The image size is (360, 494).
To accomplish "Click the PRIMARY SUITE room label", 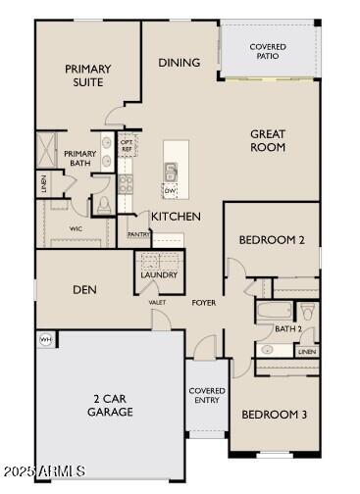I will tap(87, 75).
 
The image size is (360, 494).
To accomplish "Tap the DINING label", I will tap(179, 63).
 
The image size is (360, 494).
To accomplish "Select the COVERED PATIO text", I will tap(268, 52).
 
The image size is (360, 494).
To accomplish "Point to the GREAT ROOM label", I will tap(267, 140).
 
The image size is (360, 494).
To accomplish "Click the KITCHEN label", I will tap(176, 216).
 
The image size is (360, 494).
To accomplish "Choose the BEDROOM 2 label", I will tap(272, 239).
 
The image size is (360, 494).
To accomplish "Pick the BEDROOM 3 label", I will tap(274, 415).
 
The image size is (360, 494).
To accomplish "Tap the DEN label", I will tap(83, 289).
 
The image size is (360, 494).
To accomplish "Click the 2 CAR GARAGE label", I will tap(110, 406).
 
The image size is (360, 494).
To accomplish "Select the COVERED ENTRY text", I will tap(207, 396).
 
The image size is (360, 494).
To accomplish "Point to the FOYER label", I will tap(203, 303).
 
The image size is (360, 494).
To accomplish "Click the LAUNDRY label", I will tap(158, 275).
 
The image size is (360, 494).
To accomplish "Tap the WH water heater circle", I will tap(44, 339).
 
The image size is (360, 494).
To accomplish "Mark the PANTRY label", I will tap(138, 234).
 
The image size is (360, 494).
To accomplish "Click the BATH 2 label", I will tap(287, 329).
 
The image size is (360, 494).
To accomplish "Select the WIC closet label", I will tap(76, 228).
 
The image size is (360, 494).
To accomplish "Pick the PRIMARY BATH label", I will tap(80, 159).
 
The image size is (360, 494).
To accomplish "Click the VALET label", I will tap(156, 303).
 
